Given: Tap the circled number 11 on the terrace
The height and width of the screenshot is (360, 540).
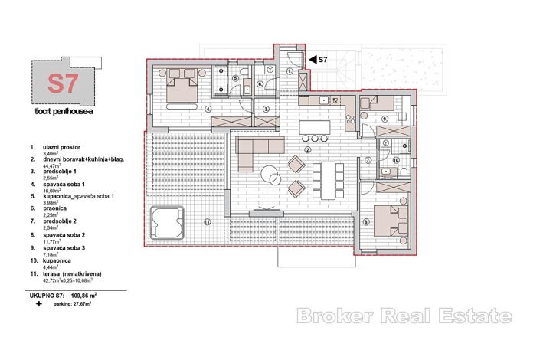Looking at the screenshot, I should coord(207,223).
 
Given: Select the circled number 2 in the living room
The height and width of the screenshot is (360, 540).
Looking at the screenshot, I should coord(307,150).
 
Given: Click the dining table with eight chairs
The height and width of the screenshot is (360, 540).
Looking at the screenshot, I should coord(326,180).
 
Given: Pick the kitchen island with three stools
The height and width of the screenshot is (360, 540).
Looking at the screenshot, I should coord(315,126).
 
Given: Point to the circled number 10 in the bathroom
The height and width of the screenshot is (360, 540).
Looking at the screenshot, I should coord(396,160).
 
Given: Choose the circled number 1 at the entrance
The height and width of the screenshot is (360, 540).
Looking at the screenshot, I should coord(290,71).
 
